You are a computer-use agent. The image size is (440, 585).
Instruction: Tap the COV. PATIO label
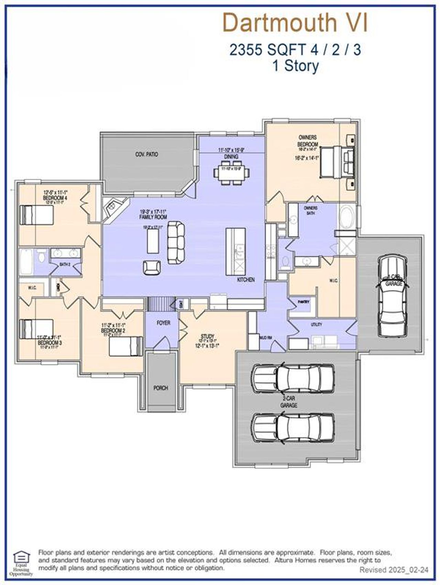coord(146,154)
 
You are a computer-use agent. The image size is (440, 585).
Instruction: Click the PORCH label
coord(161,388)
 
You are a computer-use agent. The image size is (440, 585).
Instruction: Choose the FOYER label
coord(163,323)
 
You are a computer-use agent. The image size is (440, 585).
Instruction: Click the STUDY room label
coord(208,336)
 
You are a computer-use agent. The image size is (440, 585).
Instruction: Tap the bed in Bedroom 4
coord(37,215)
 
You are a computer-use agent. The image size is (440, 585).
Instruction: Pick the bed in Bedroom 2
coord(126,346)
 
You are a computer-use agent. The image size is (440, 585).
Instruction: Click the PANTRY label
coord(303,302)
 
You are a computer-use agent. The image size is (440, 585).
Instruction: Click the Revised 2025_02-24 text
coord(394,570)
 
